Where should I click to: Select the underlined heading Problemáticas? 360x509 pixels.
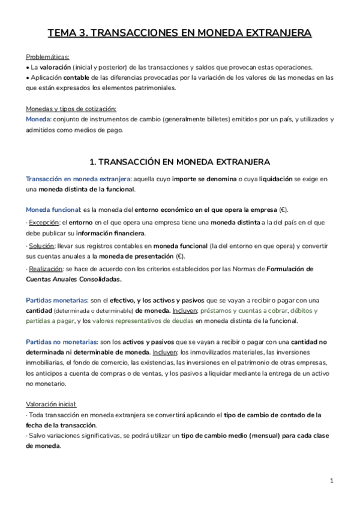[x=47, y=56]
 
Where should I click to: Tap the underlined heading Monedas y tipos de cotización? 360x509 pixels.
[x=71, y=109]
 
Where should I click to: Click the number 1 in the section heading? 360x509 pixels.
[x=92, y=161]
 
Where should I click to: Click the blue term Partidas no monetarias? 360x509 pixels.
[x=62, y=341]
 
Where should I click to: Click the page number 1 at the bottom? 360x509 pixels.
[x=332, y=481]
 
